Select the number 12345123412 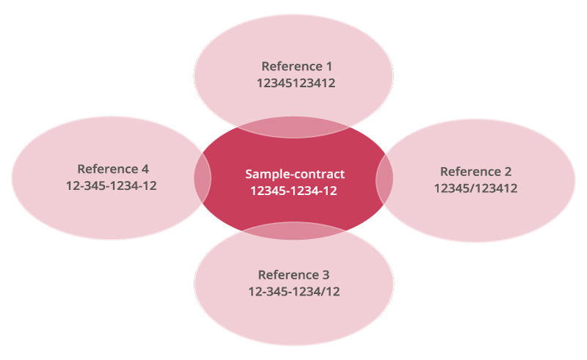[296, 84]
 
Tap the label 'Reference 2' [475, 172]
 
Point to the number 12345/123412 [475, 188]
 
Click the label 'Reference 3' [293, 275]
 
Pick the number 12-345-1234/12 [293, 292]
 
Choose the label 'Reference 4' [111, 169]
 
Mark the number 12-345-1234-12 [111, 185]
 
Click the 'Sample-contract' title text [294, 175]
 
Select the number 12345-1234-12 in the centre [294, 191]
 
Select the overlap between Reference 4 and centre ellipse [203, 176]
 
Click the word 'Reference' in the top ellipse [286, 67]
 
